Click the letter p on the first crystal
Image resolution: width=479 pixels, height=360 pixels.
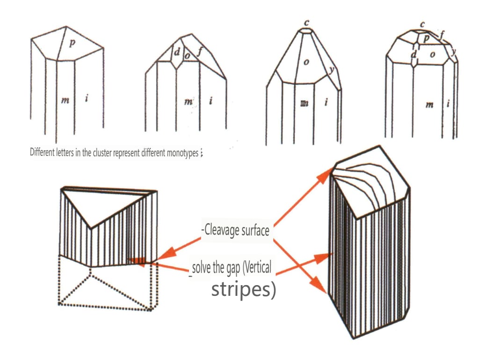pos(72,43)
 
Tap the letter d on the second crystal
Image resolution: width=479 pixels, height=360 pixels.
pos(177,52)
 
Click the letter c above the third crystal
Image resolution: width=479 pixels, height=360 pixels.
pos(306,22)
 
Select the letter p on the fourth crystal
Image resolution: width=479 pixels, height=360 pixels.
pos(426,39)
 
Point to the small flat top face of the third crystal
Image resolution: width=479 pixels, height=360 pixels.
pos(307,31)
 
